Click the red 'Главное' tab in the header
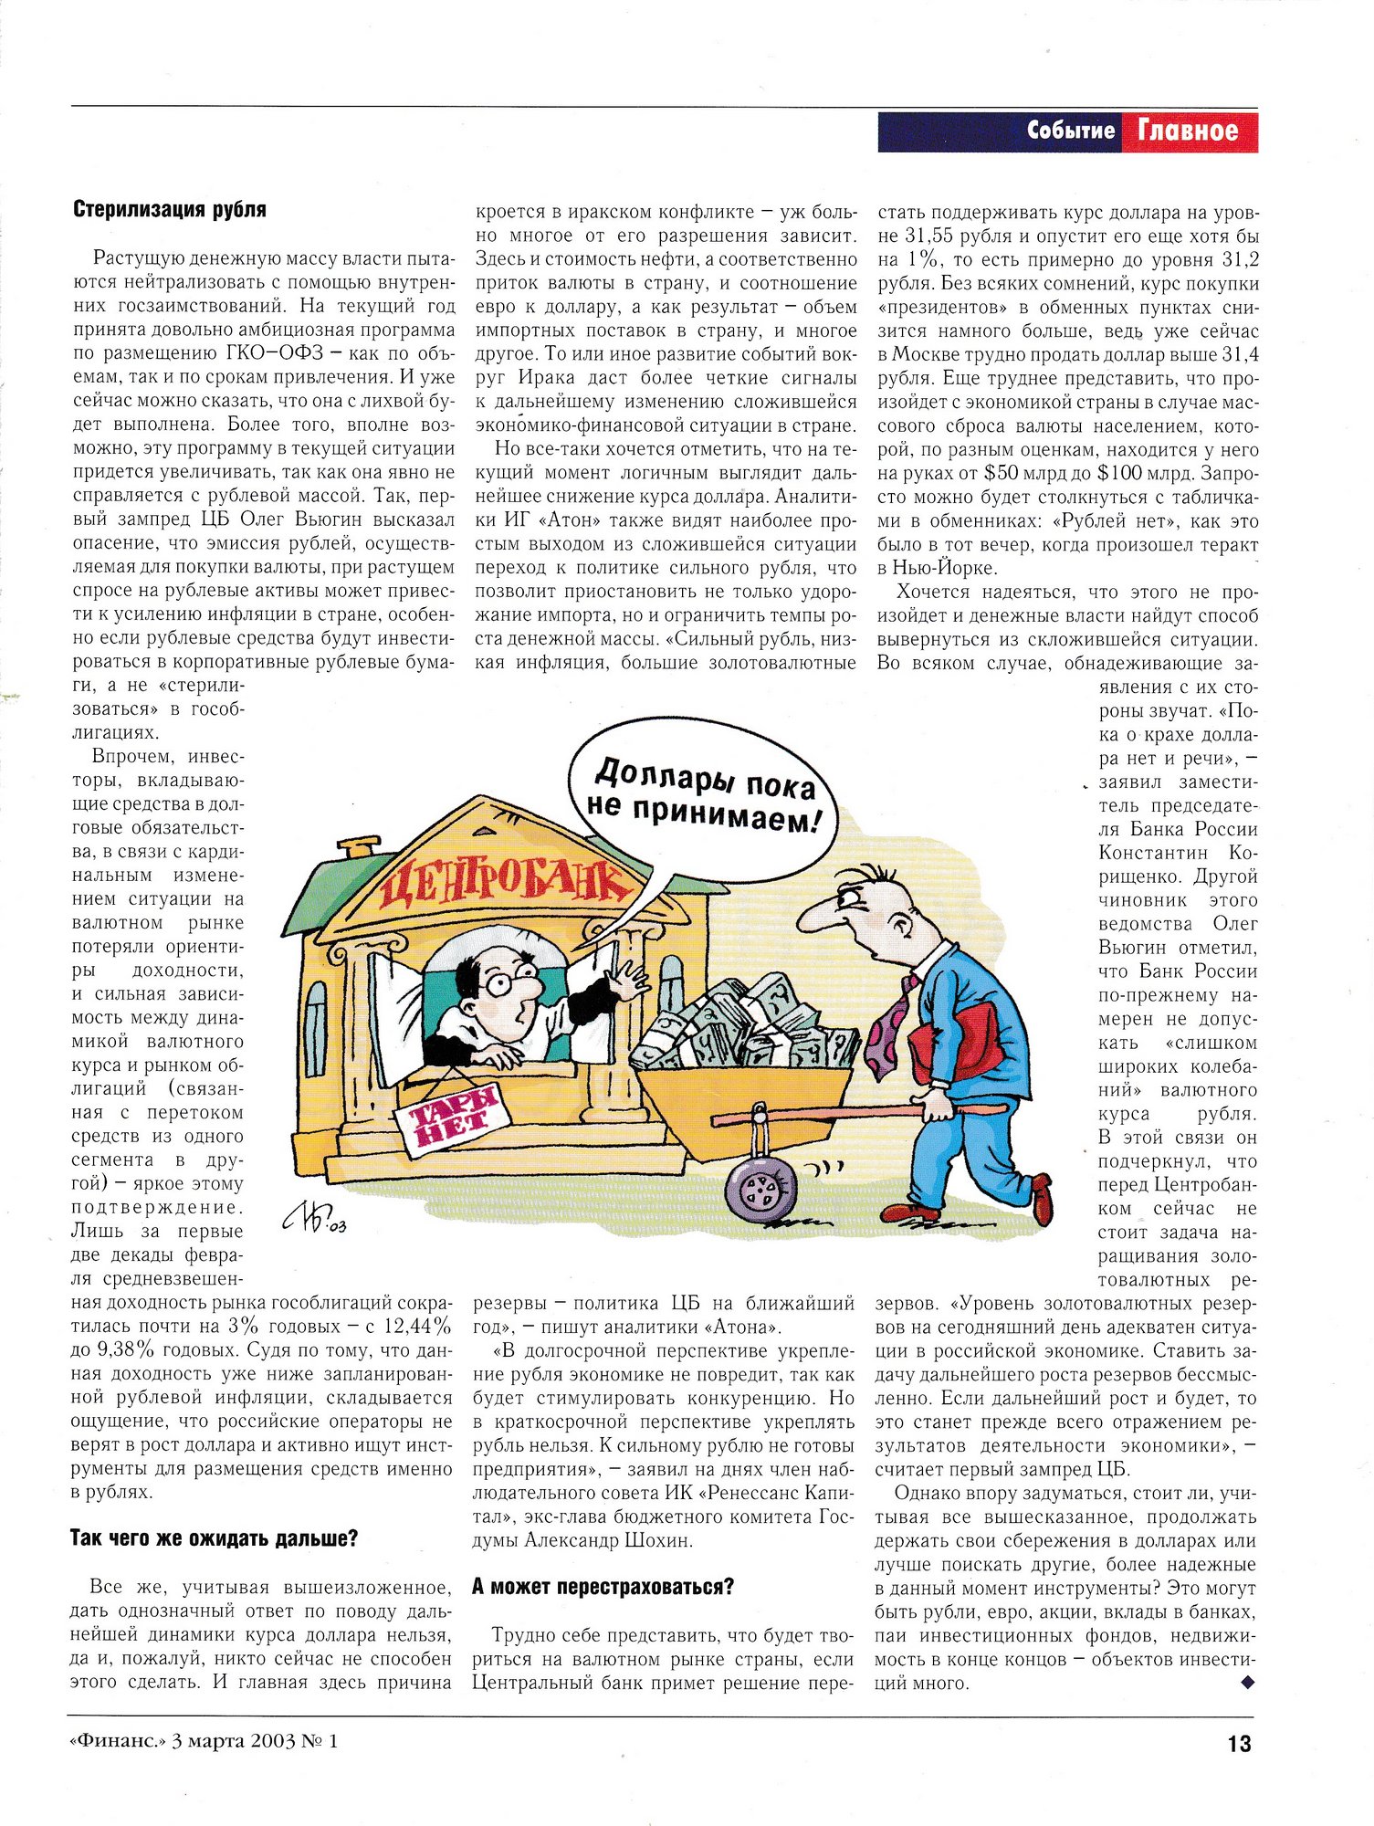point(1188,131)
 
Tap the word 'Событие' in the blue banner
point(1070,131)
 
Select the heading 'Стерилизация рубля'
point(170,209)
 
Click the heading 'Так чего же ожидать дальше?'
point(214,1538)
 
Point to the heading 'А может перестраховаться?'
point(603,1587)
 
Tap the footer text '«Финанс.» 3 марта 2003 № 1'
point(203,1741)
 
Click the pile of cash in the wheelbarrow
point(749,1027)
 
